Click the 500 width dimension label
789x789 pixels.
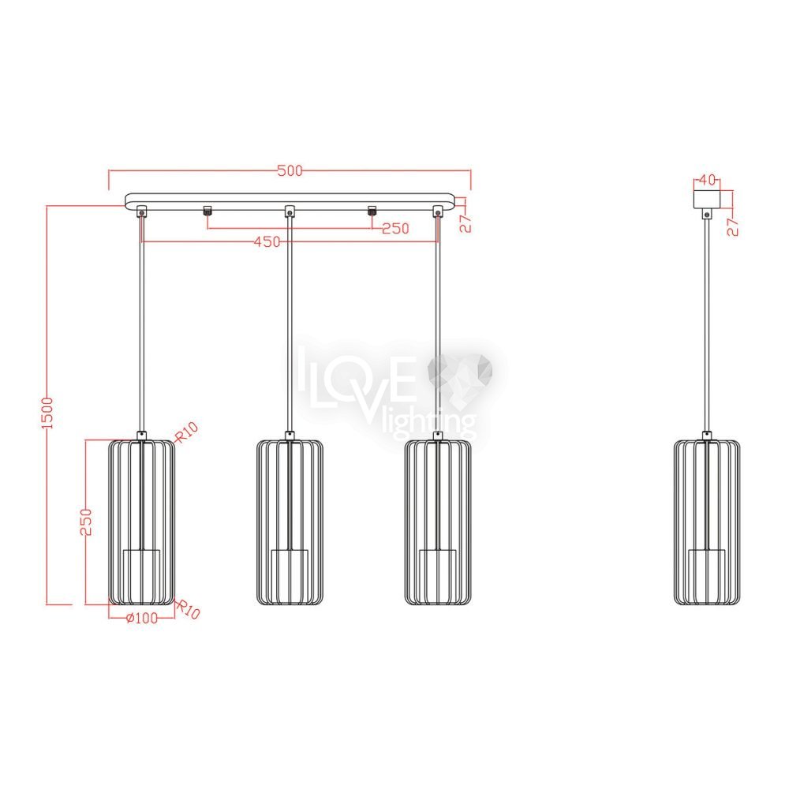(x=290, y=170)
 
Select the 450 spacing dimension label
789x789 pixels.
(x=267, y=242)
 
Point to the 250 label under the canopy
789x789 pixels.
(x=395, y=229)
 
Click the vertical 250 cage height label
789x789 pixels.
(x=86, y=522)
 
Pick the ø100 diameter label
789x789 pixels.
(x=141, y=618)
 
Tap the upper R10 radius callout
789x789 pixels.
(x=186, y=432)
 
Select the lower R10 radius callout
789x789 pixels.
(x=189, y=609)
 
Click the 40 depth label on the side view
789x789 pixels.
(x=707, y=180)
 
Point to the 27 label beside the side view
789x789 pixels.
(x=733, y=227)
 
